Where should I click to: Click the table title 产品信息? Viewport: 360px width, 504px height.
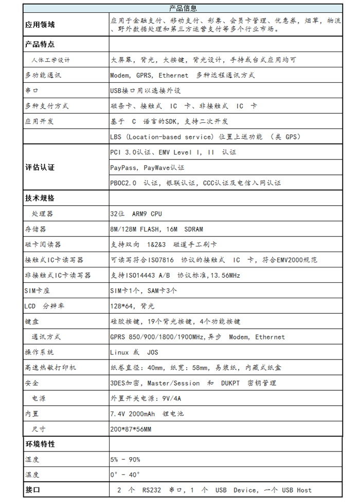[x=183, y=8]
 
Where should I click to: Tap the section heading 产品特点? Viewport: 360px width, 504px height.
[x=40, y=44]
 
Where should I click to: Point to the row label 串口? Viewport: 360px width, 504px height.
[x=31, y=91]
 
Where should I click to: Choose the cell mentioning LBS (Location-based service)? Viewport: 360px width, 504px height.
[x=205, y=137]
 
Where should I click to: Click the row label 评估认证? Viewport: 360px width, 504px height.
[x=40, y=167]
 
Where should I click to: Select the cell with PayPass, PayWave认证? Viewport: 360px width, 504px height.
[x=147, y=168]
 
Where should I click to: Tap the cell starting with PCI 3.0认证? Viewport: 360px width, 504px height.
[x=173, y=152]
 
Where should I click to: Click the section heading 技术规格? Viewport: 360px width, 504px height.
[x=40, y=198]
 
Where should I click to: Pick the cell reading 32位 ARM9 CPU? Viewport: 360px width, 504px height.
[x=136, y=213]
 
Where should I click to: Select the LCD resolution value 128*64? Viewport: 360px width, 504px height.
[x=132, y=306]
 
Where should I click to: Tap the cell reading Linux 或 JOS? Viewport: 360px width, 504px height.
[x=134, y=352]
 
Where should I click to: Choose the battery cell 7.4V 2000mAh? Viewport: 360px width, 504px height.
[x=147, y=413]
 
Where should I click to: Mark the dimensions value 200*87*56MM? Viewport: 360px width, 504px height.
[x=130, y=429]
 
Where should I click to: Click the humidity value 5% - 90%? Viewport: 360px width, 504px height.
[x=125, y=459]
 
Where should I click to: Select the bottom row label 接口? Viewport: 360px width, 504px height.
[x=32, y=490]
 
